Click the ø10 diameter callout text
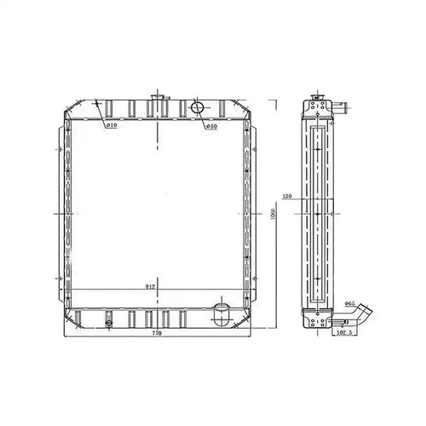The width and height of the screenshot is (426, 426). (112, 126)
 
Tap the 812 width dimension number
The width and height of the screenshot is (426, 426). (150, 285)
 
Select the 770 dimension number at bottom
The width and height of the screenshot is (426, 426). (157, 334)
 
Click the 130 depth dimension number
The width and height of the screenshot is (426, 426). (287, 197)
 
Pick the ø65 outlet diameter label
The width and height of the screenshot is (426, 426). (350, 303)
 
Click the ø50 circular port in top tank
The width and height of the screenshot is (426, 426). (197, 107)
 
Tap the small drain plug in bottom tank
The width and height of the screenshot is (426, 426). (109, 320)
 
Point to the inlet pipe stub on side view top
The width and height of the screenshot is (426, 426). (341, 108)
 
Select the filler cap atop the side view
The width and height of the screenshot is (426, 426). (320, 98)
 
